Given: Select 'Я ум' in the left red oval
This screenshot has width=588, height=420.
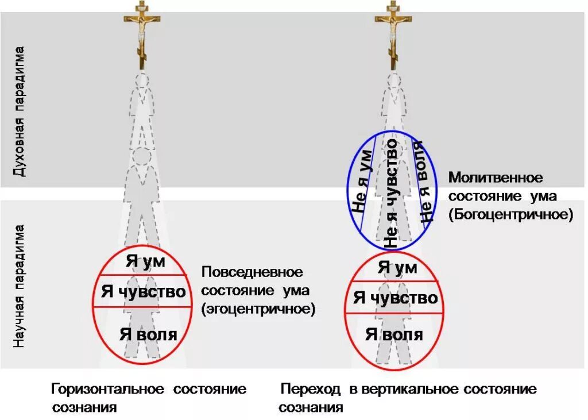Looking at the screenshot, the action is tap(145, 262).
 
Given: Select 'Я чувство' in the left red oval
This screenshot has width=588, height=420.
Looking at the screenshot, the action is tap(144, 291).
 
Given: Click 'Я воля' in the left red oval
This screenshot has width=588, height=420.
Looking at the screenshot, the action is tap(148, 334).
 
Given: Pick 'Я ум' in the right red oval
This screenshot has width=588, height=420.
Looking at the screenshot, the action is tap(397, 267).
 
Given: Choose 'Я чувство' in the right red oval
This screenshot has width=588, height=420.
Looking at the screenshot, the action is tap(396, 298).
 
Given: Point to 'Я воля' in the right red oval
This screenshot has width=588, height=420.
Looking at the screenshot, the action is tap(394, 334).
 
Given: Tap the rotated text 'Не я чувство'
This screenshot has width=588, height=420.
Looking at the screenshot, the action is tap(392, 192).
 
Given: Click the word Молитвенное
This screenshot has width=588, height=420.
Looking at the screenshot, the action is tap(496, 177).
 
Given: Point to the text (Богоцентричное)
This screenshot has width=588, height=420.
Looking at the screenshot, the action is tap(511, 215).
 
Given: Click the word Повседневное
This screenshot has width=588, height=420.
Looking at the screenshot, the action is tap(252, 271).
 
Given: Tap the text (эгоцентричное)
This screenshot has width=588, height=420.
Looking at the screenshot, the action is tap(258, 309).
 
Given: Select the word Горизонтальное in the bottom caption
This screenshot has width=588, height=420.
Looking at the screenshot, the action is tap(109, 389).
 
